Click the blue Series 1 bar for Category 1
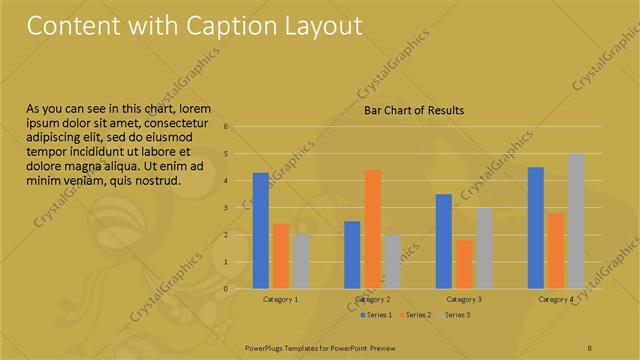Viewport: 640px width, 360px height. [261, 231]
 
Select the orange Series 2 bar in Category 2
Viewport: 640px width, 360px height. [372, 229]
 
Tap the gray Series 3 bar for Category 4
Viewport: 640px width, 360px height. [576, 221]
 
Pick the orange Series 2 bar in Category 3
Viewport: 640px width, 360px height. [464, 264]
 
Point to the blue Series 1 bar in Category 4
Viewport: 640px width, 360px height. [536, 228]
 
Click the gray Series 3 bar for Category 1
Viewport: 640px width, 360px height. [301, 262]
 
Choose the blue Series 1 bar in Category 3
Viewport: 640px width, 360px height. [444, 241]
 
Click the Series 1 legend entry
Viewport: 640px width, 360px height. [376, 315]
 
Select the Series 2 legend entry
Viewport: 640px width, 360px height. [416, 315]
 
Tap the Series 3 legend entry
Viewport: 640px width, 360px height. [455, 315]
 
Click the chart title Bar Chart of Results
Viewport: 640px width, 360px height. [413, 111]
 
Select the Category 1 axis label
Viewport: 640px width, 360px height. [281, 299]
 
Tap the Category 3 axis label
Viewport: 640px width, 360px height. [464, 299]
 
